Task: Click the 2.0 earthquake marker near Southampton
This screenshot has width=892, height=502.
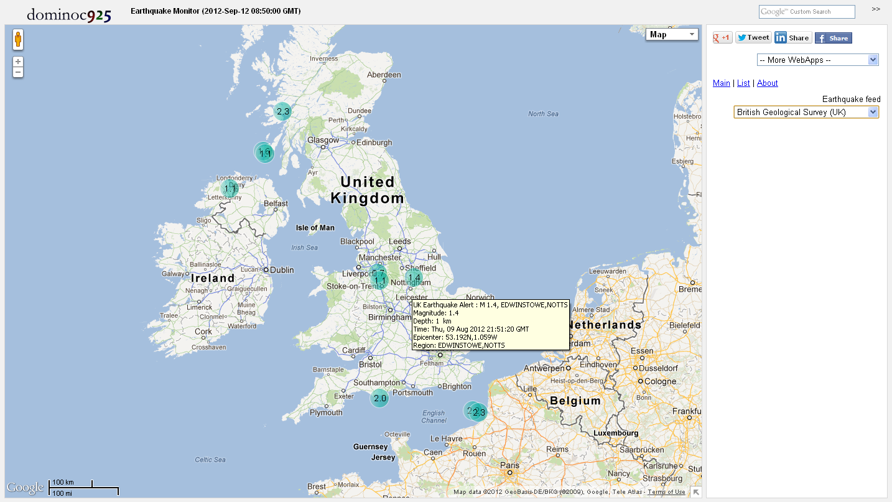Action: (x=379, y=398)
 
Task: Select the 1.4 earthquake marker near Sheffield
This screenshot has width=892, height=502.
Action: (x=414, y=277)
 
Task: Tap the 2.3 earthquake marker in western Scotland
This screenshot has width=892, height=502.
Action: (x=282, y=111)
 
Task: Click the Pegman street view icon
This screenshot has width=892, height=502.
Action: (x=19, y=40)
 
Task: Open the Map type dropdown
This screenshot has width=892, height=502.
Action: (x=672, y=35)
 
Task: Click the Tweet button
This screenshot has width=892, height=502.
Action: (x=753, y=37)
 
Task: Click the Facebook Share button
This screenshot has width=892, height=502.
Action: (x=834, y=38)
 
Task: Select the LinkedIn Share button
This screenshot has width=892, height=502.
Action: (x=792, y=38)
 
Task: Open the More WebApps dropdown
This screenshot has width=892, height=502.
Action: (x=817, y=60)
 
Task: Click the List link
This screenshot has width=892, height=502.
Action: (x=743, y=83)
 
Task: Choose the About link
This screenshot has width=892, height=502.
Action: (x=767, y=83)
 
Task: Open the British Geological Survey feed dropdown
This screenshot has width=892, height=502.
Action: (x=806, y=112)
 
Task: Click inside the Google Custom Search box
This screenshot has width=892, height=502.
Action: (x=807, y=12)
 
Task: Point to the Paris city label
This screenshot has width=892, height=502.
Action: (x=510, y=465)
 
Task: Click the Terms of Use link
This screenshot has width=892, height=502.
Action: (x=666, y=492)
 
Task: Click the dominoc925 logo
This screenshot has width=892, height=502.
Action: (x=69, y=14)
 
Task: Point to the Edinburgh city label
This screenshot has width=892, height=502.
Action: (x=375, y=142)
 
